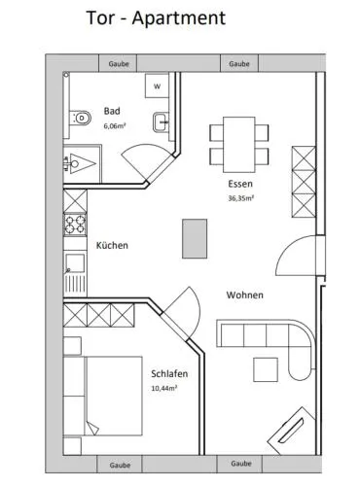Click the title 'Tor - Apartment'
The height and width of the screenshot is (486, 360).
click(156, 17)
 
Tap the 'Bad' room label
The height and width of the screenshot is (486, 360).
click(112, 111)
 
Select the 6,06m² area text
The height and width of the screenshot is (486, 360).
click(115, 126)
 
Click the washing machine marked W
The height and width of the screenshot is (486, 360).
click(157, 87)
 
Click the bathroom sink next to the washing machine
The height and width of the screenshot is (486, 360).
click(161, 122)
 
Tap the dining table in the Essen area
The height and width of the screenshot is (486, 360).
click(239, 145)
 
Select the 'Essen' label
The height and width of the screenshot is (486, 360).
click(240, 184)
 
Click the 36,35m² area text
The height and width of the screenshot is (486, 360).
click(240, 198)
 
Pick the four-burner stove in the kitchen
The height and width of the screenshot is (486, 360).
click(75, 225)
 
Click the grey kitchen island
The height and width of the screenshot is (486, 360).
click(195, 239)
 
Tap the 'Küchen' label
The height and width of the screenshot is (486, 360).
click(112, 245)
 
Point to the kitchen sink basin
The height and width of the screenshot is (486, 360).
click(75, 263)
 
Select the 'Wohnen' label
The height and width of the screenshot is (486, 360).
click(245, 295)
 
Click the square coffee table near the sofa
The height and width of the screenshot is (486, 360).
click(266, 369)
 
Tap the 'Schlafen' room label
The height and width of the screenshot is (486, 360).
click(169, 373)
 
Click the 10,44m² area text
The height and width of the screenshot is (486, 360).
click(164, 388)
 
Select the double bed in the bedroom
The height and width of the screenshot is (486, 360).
click(103, 396)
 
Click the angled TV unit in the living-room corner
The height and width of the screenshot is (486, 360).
click(291, 431)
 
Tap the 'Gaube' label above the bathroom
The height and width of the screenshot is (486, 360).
click(119, 64)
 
